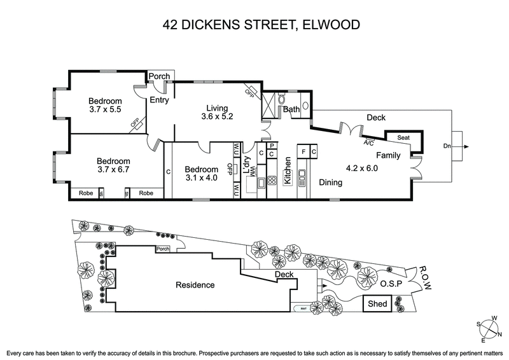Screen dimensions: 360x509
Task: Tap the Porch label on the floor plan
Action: [x=159, y=76]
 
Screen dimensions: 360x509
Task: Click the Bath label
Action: [x=291, y=109]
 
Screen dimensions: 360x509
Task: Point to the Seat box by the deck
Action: [x=403, y=137]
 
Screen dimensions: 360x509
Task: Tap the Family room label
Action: [x=388, y=155]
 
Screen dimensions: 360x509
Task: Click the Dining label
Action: [x=331, y=183]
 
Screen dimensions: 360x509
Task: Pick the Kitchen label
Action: [x=288, y=170]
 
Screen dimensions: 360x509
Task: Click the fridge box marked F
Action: [x=304, y=153]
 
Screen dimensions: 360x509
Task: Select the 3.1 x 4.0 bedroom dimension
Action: [x=201, y=179]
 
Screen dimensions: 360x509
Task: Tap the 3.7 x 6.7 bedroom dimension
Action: [x=113, y=170]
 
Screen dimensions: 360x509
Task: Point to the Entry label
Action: [x=159, y=100]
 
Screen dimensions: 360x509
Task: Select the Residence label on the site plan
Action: [x=195, y=285]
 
